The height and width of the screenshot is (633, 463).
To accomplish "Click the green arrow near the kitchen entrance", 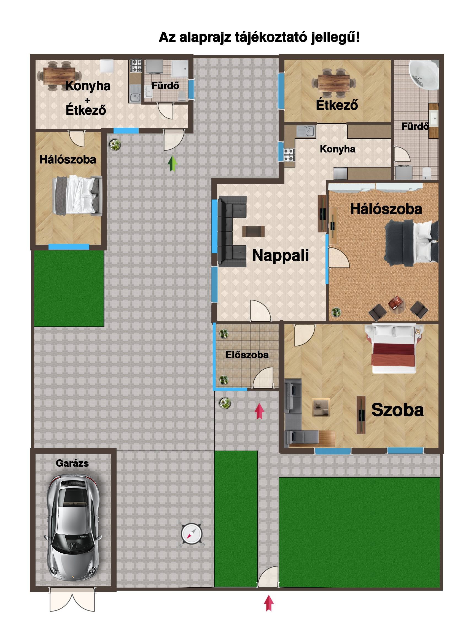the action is click(173, 164).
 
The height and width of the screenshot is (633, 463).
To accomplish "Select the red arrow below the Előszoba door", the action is click(260, 411).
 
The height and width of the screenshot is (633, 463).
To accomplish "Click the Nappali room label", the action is click(281, 255).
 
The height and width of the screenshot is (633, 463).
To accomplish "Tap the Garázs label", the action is click(72, 463).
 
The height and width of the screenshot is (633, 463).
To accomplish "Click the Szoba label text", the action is click(397, 410).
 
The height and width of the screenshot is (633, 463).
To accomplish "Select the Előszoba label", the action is click(247, 355).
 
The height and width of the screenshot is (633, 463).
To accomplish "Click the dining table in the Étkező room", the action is click(333, 83).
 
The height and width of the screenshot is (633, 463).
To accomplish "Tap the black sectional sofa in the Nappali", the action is click(232, 231).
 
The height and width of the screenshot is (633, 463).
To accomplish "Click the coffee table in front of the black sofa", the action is click(253, 231).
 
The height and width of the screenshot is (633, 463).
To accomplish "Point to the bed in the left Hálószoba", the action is click(77, 195).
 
